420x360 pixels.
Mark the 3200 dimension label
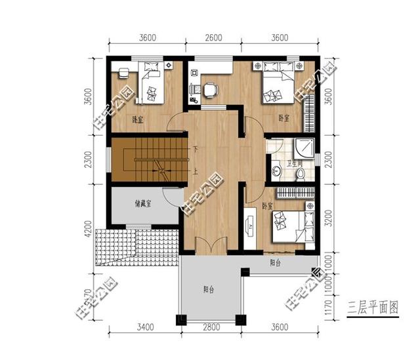[329, 216]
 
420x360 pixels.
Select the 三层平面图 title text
[373, 306]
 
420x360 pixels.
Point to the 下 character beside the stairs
[195, 151]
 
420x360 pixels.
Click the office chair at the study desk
[209, 90]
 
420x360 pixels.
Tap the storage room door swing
[171, 197]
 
